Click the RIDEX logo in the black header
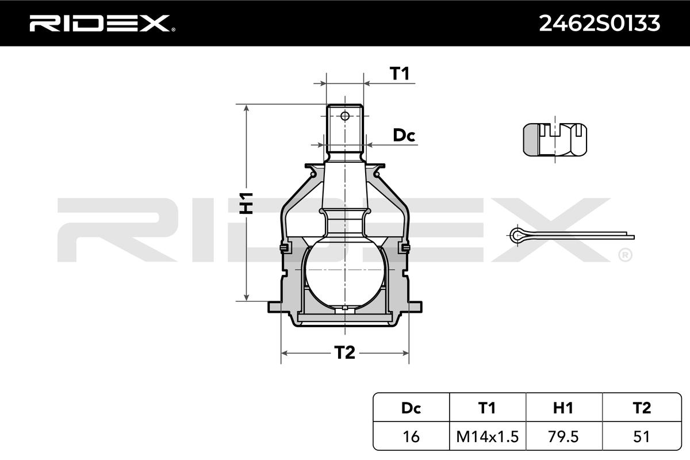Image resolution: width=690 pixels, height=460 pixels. tap(102, 23)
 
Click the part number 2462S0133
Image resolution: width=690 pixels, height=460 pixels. tap(599, 24)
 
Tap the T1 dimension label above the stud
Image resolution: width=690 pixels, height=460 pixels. tap(400, 74)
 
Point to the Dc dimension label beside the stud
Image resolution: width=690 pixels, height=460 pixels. tap(404, 135)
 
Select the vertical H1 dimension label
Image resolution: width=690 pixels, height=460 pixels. tap(247, 203)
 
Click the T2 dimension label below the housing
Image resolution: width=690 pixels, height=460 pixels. tap(344, 352)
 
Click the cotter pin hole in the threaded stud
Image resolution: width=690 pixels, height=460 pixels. tap(345, 116)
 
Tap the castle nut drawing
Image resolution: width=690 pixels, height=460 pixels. tap(555, 140)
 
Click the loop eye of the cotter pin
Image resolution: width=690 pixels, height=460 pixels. tap(515, 236)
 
